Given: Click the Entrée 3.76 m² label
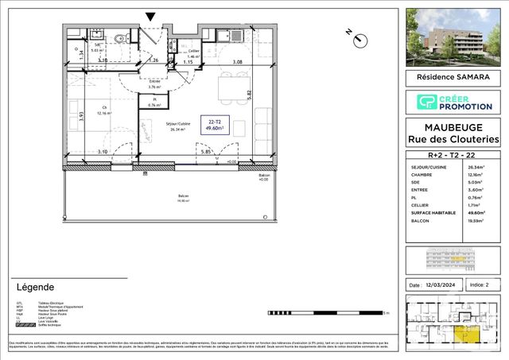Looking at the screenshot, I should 156,83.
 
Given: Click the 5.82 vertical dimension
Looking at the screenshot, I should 248,93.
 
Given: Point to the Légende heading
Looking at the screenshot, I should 35,287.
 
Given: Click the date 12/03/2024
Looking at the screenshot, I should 439,285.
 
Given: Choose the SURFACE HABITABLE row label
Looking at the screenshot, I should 432,224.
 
